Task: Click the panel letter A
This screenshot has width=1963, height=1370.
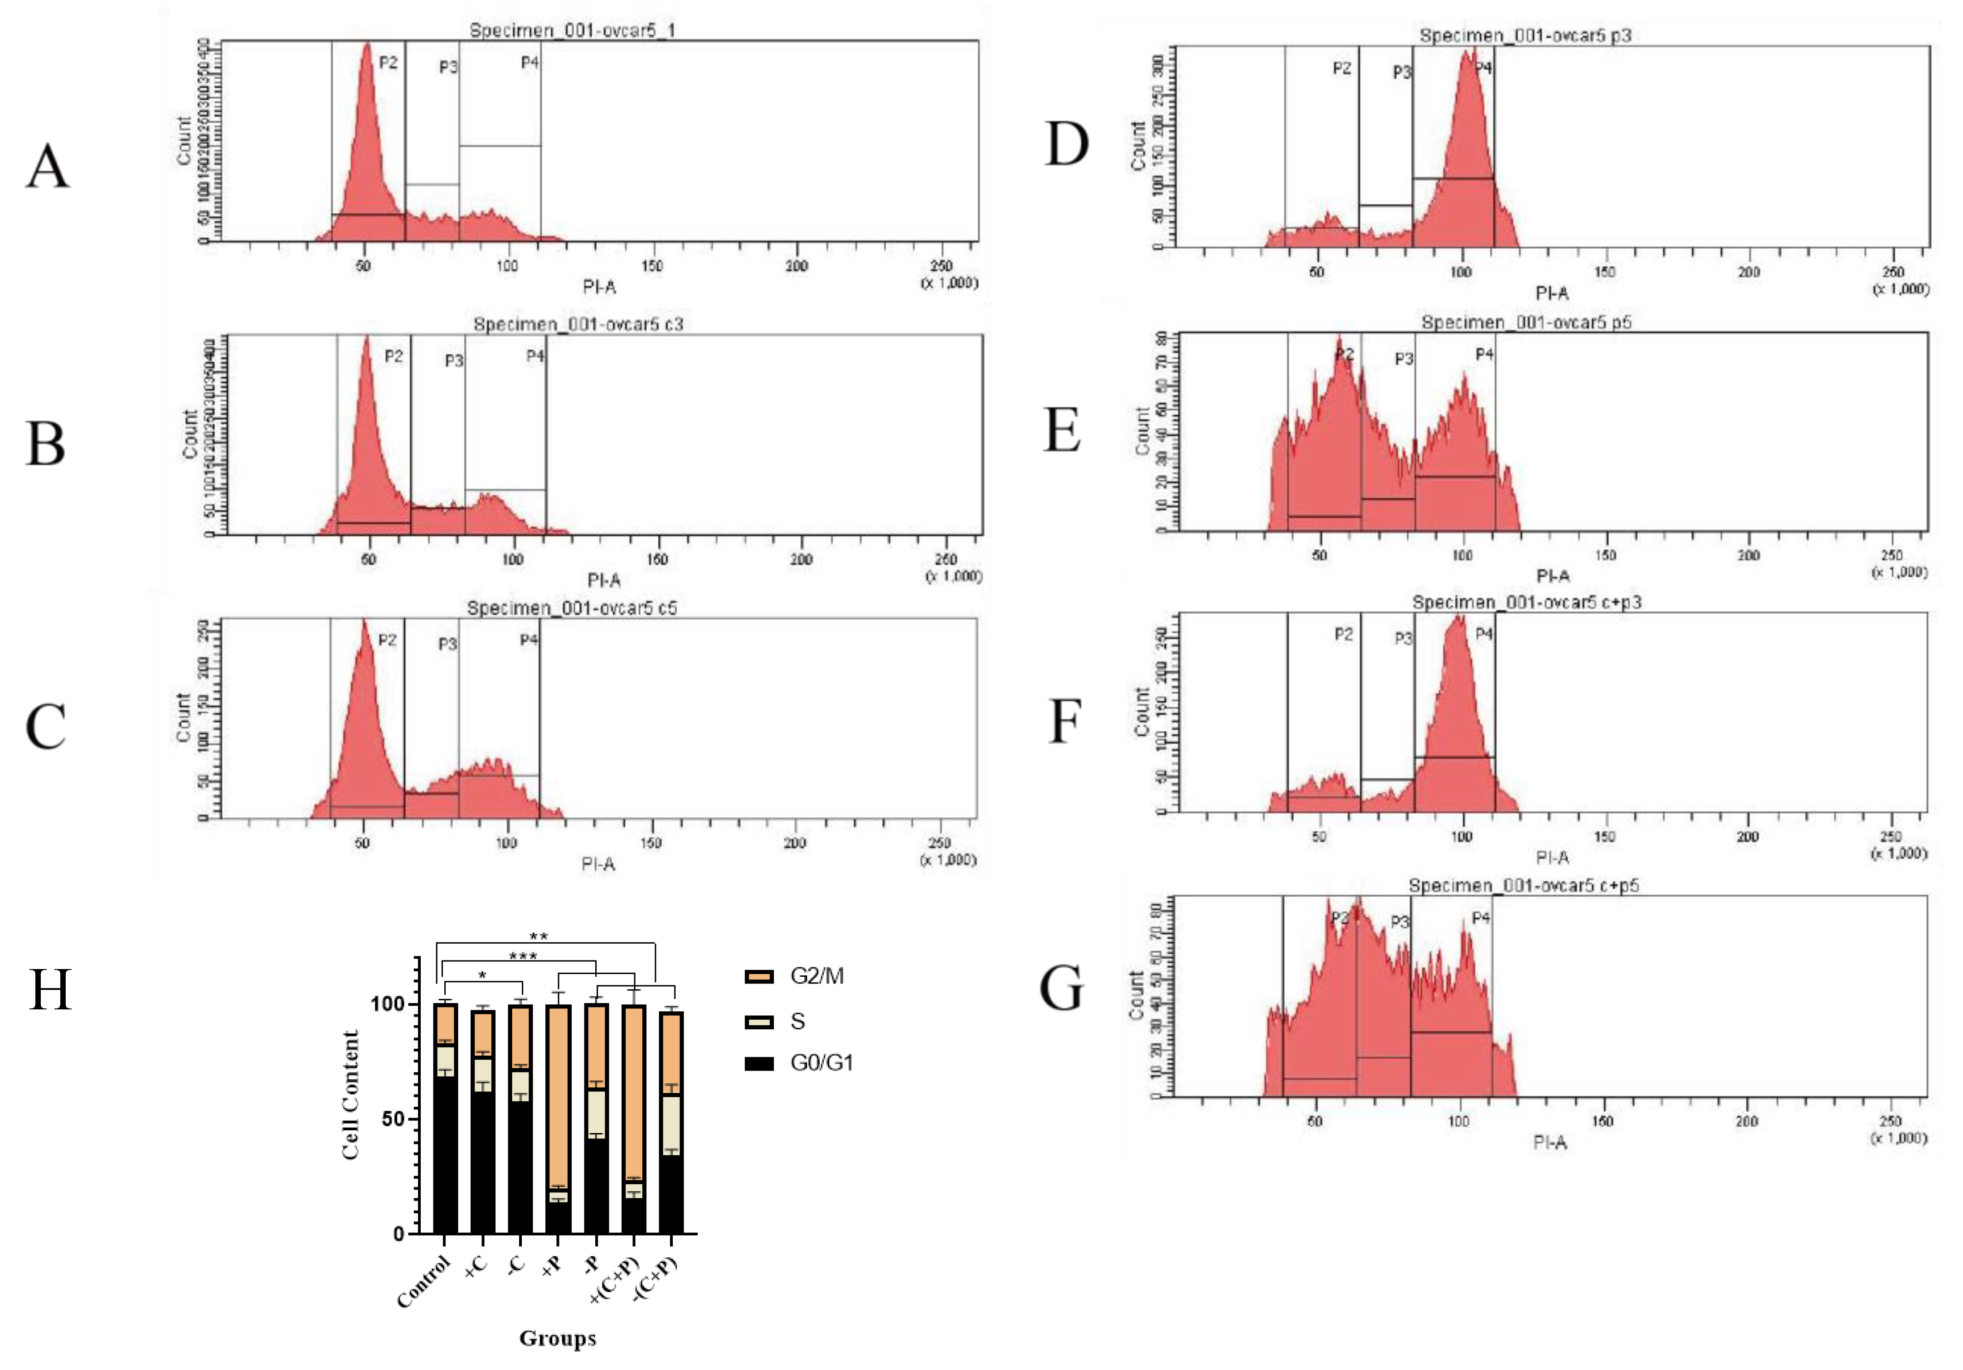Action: click(48, 166)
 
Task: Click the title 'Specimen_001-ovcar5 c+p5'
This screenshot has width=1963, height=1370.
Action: click(1524, 885)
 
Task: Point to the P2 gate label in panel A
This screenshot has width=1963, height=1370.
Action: click(388, 63)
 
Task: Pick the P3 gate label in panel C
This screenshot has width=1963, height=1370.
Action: click(447, 644)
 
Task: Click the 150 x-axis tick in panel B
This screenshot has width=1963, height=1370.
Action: click(656, 559)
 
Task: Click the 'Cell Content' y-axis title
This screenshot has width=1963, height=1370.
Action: click(350, 1095)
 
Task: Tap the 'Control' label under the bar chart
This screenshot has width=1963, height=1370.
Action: click(423, 1282)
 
